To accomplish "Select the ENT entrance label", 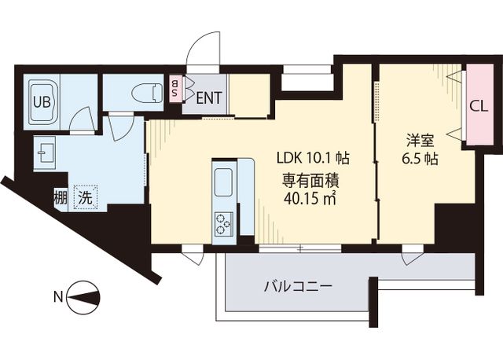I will click(x=208, y=99).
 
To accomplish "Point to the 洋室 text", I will click(x=419, y=141).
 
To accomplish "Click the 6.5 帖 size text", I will click(x=419, y=159).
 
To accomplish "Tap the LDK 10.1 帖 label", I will click(x=313, y=156).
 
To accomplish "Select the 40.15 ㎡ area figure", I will click(x=311, y=197).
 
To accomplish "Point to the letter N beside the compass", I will click(x=57, y=297).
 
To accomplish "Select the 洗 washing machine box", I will click(x=83, y=197).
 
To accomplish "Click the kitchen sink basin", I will click(x=222, y=183).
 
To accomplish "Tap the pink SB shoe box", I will click(x=175, y=89).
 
